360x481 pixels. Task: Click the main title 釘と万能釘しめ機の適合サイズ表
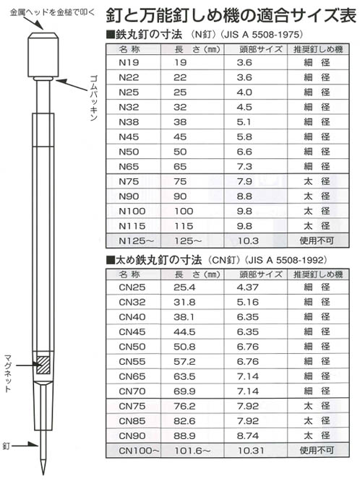[x=227, y=16]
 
